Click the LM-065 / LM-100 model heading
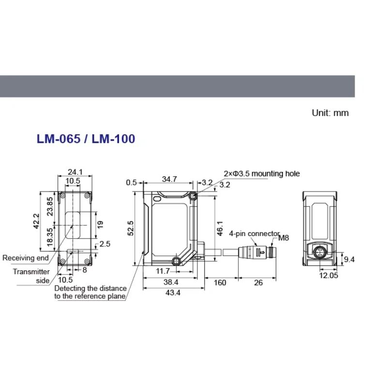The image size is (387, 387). tap(86, 139)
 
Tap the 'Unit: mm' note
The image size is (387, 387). tap(330, 113)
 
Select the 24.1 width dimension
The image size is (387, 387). tap(75, 172)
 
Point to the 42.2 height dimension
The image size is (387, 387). tap(36, 221)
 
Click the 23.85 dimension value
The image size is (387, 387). tap(50, 207)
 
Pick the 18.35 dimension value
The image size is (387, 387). tap(50, 237)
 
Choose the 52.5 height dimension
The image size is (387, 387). tap(131, 228)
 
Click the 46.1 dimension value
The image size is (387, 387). tap(220, 228)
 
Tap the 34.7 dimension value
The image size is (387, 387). tap(169, 179)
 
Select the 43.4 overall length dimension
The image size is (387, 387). tap(173, 293)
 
